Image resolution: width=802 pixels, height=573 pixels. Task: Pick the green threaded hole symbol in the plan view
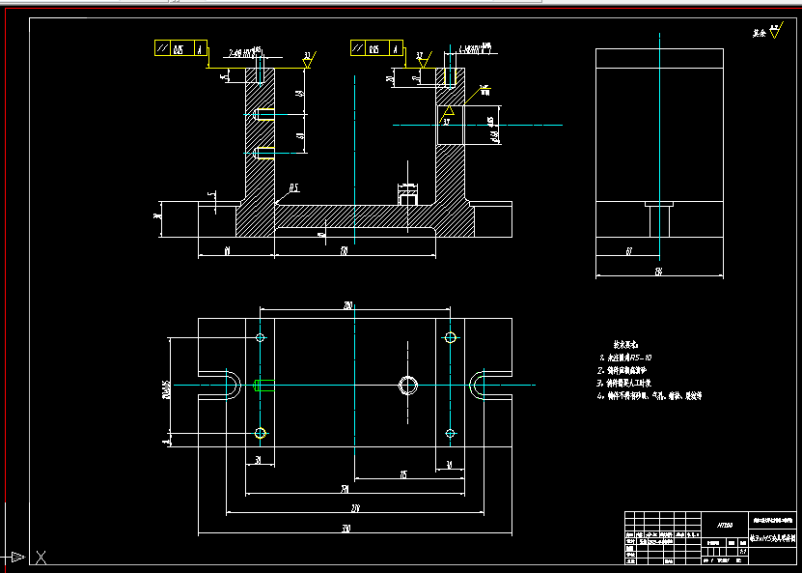262,386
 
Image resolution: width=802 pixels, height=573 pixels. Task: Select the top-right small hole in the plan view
451,337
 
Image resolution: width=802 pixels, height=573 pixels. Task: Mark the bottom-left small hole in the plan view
260,432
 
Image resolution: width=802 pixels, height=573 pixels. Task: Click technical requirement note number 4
649,395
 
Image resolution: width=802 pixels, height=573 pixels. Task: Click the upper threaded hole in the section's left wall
262,115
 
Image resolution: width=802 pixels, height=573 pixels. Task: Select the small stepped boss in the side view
659,218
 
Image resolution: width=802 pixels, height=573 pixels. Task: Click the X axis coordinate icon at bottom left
41,556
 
